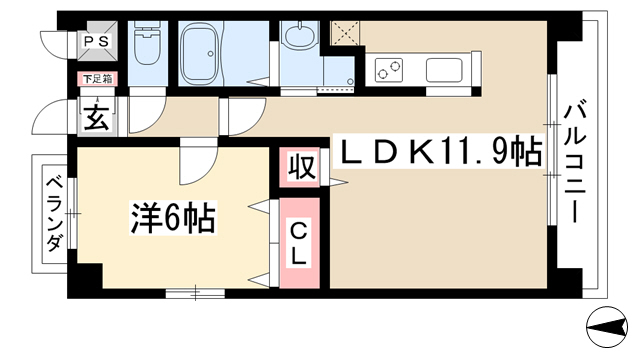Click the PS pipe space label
(x=97, y=41)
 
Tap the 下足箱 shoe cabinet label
(x=98, y=79)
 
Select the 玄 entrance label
(x=97, y=117)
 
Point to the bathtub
(x=200, y=53)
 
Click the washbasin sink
(x=300, y=36)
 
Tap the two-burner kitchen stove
(x=389, y=68)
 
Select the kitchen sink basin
(x=444, y=70)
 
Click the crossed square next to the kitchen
(x=345, y=33)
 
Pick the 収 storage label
(x=302, y=166)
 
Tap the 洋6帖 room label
(x=173, y=218)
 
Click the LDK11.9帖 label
(x=440, y=151)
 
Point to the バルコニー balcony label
(x=575, y=163)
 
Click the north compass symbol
(x=607, y=327)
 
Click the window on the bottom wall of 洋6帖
(x=195, y=293)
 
